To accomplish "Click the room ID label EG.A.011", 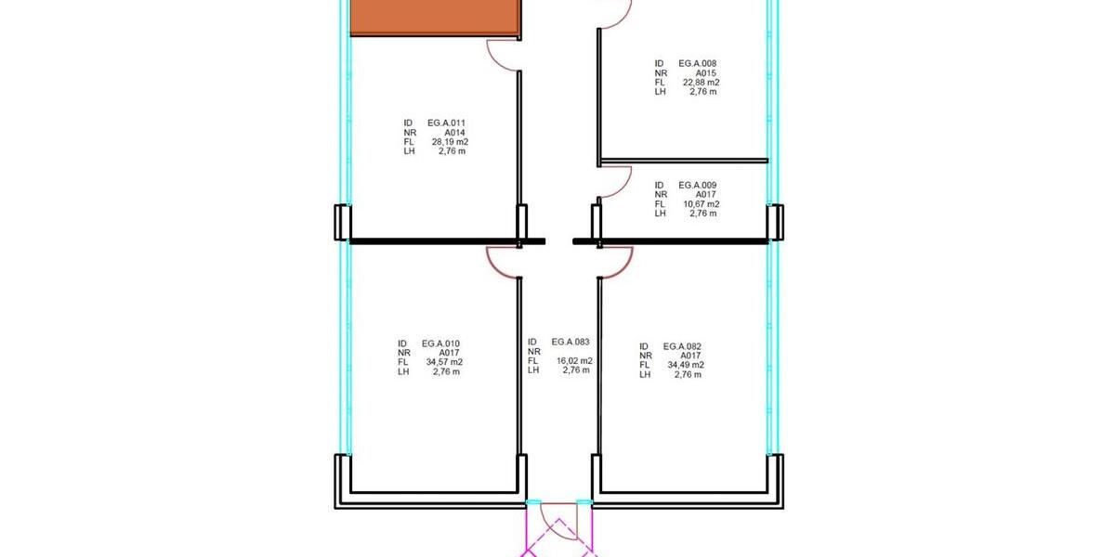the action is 447,123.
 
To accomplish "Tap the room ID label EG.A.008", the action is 698,64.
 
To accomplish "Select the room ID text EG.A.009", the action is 698,185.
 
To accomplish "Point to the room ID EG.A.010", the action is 440,343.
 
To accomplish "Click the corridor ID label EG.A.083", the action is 571,342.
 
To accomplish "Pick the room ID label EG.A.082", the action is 682,346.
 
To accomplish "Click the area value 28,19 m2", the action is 450,142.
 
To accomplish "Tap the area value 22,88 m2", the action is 701,83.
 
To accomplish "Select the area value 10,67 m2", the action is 701,204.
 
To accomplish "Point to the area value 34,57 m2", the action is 444,362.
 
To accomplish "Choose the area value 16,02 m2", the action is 574,360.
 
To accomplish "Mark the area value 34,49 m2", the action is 686,365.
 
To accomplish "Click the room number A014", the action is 455,132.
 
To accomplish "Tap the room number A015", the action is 706,73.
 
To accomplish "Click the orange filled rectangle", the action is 435,18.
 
